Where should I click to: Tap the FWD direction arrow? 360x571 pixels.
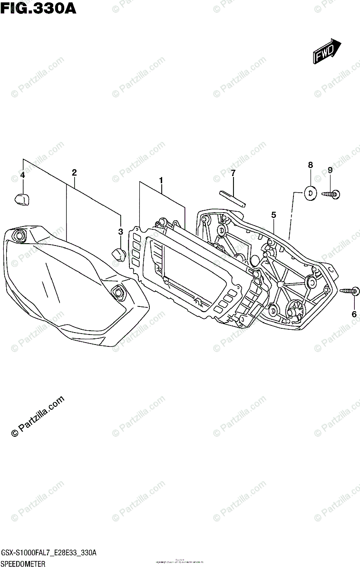click(327, 51)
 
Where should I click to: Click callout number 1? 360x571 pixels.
click(161, 180)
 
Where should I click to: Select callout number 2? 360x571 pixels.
click(74, 172)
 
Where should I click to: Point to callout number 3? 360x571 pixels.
click(121, 232)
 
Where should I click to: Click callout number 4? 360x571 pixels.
click(22, 176)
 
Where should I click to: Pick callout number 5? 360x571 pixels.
click(273, 215)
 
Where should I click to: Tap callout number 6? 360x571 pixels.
click(353, 314)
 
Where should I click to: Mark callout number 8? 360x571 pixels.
click(310, 165)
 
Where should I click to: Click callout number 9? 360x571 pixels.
click(330, 170)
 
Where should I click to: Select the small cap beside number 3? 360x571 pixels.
click(118, 254)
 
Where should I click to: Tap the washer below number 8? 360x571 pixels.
click(311, 193)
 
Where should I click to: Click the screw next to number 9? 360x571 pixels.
click(330, 193)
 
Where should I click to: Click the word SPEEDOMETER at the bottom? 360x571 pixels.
click(23, 564)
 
